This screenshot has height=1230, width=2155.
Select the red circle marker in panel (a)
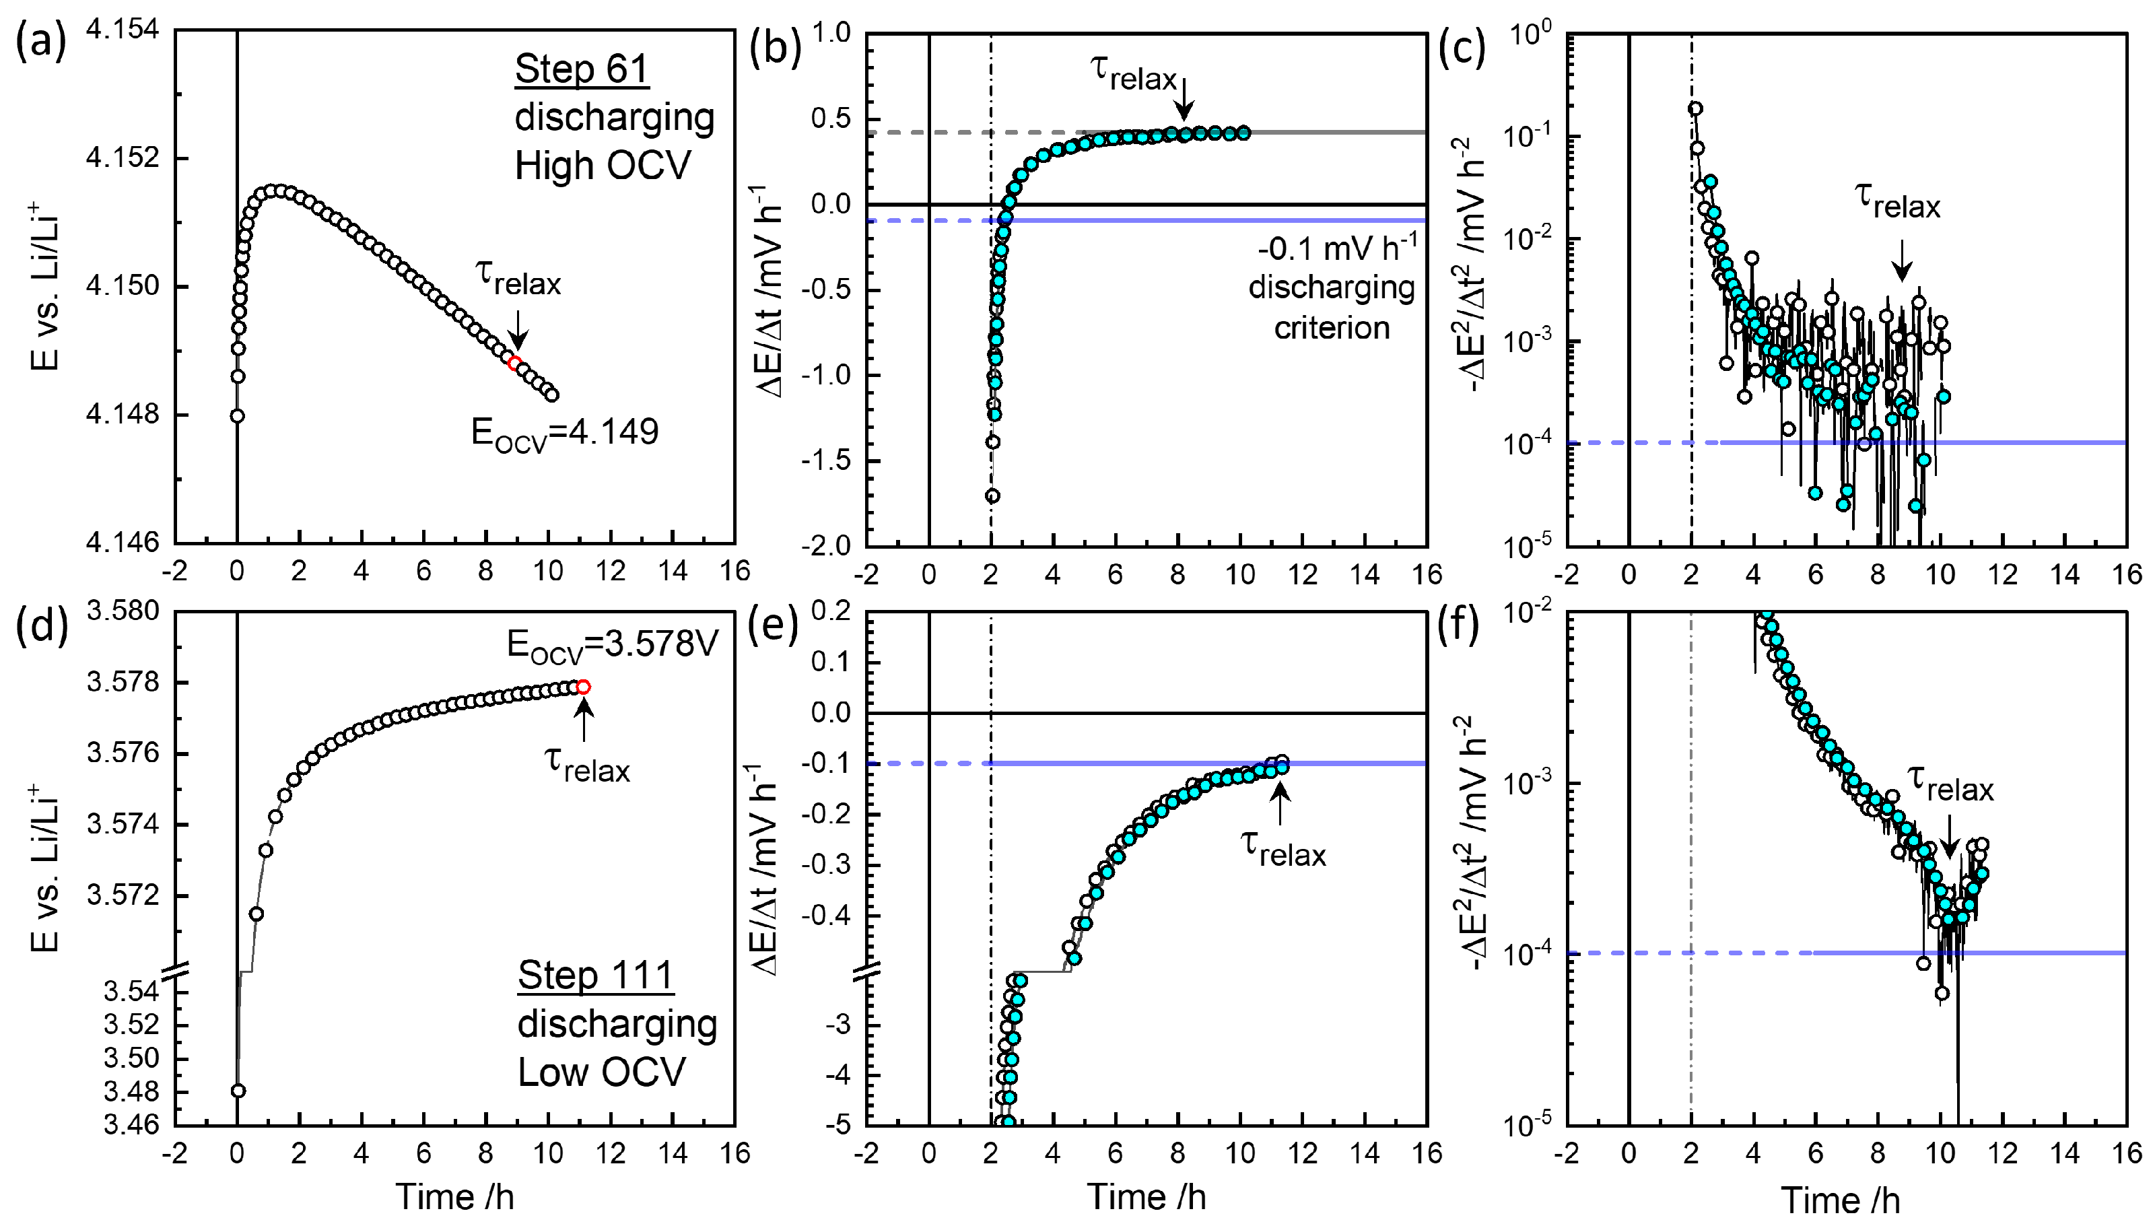click(x=514, y=364)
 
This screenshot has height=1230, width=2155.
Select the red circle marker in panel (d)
click(x=583, y=687)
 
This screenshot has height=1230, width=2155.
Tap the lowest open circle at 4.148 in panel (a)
click(x=238, y=415)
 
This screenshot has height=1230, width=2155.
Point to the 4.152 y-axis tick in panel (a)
click(x=123, y=158)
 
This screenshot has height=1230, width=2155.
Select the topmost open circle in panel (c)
click(x=1695, y=108)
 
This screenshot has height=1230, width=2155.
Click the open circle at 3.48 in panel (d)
click(x=238, y=1091)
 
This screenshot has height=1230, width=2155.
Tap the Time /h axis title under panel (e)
click(x=1146, y=1197)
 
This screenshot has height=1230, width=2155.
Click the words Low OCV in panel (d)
click(x=601, y=1072)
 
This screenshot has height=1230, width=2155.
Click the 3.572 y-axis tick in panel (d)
click(x=123, y=895)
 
